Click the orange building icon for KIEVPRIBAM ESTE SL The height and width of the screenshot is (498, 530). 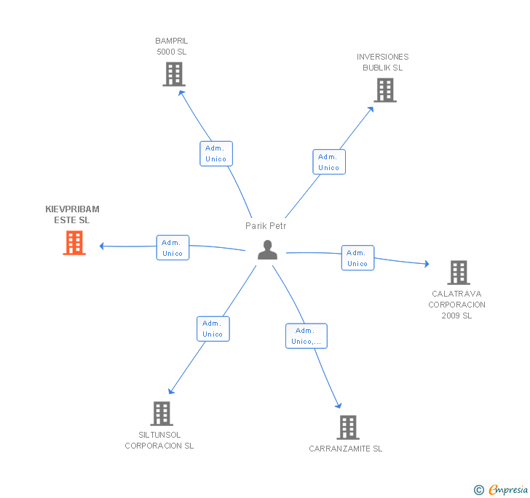(x=74, y=243)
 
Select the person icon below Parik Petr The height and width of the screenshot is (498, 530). (x=267, y=250)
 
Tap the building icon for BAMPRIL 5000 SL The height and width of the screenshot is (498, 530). (x=174, y=74)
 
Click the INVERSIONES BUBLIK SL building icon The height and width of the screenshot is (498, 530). (x=385, y=90)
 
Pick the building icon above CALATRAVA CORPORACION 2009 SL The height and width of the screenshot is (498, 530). (x=459, y=273)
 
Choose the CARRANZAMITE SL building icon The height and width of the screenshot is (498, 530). (x=348, y=427)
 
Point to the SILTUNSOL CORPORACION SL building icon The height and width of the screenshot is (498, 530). (x=162, y=414)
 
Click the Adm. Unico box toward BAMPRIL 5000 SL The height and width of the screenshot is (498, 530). (x=216, y=153)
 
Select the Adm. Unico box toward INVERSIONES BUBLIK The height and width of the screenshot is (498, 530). (x=329, y=161)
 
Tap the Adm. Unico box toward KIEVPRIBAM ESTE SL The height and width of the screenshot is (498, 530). (x=173, y=247)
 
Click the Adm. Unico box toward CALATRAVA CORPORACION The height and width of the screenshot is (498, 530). (x=357, y=257)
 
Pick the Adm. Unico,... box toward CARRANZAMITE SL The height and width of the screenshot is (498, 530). (x=306, y=336)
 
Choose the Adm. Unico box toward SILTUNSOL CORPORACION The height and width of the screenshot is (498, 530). (x=213, y=329)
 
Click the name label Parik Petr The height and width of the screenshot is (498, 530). (x=266, y=225)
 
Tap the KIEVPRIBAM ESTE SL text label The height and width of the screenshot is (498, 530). (x=72, y=214)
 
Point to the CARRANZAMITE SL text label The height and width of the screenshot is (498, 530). (x=345, y=449)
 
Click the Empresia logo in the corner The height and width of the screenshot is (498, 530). (x=501, y=489)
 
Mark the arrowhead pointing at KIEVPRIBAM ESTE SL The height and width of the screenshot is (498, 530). (x=101, y=246)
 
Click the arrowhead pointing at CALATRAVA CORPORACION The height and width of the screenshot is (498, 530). (x=427, y=264)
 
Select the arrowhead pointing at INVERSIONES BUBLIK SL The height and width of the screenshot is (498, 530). (x=371, y=109)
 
